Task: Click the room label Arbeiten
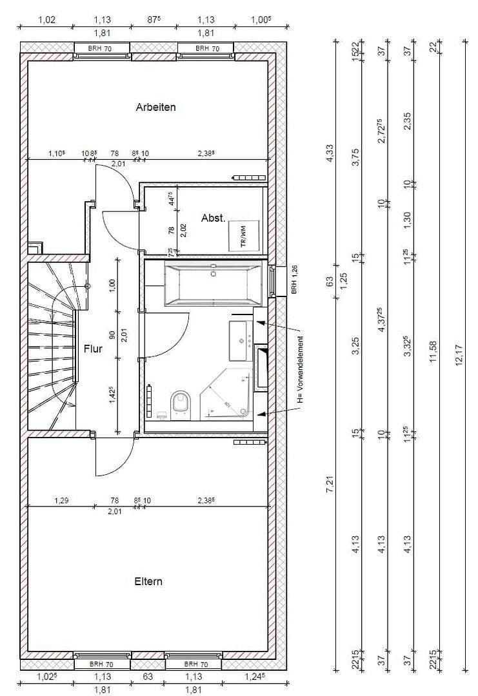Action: coord(155,107)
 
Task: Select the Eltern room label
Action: coord(148,581)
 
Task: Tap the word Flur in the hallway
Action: coord(93,349)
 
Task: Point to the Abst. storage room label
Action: coord(213,218)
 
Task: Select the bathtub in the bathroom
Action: coord(213,284)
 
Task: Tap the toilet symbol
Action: coord(181,405)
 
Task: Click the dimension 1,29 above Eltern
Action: coord(61,499)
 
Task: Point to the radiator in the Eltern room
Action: coord(248,443)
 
